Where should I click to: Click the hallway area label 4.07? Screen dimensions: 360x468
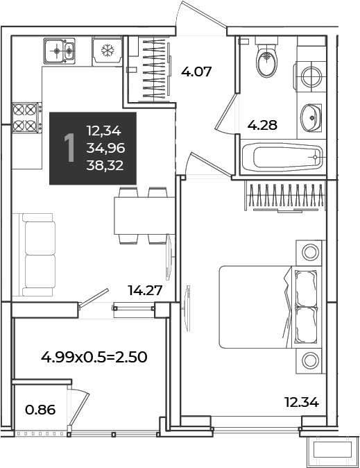click(196, 72)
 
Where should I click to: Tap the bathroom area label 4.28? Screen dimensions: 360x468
click(262, 125)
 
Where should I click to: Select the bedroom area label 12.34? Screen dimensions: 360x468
click(302, 402)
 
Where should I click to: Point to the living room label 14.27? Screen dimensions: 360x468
click(145, 290)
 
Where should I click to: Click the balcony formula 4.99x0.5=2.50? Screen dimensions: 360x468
click(94, 357)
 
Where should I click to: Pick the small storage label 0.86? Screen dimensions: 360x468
click(40, 410)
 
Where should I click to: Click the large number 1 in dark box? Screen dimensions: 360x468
click(70, 148)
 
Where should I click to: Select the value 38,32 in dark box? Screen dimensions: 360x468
click(105, 165)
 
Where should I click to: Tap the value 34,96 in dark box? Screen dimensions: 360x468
click(105, 148)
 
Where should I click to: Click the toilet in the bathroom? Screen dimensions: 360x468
click(266, 57)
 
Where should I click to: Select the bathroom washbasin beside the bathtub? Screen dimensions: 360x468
click(311, 117)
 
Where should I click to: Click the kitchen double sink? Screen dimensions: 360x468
click(60, 51)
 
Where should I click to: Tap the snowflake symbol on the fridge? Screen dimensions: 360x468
click(107, 51)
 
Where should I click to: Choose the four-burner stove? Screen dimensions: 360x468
click(26, 117)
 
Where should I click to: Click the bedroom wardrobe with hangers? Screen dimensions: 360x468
click(285, 197)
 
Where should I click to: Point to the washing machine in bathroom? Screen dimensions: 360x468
click(310, 76)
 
